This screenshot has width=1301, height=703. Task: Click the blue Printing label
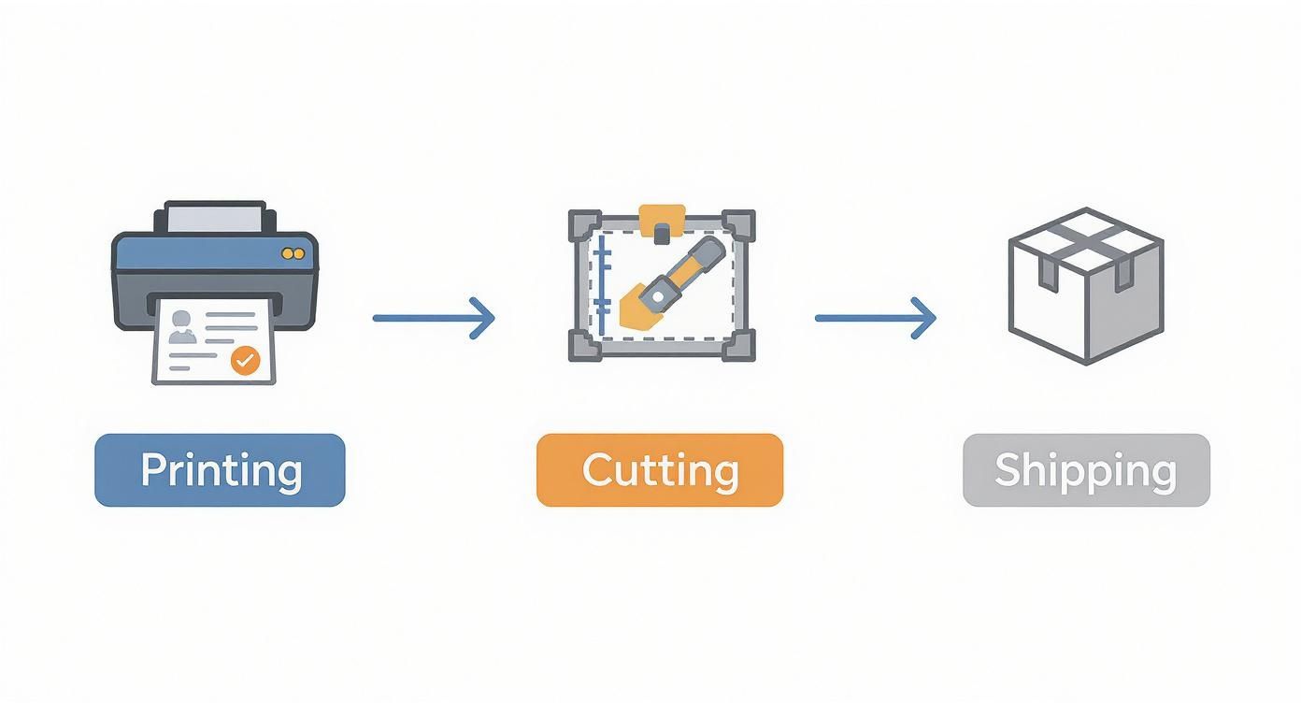tap(220, 470)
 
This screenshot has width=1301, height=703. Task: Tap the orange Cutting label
tap(659, 470)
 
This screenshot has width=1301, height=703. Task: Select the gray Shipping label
tap(1086, 470)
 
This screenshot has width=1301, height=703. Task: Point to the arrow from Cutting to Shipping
tap(875, 318)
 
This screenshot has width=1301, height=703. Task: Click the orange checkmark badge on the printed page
tap(245, 360)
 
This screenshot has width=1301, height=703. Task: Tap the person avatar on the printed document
tap(183, 326)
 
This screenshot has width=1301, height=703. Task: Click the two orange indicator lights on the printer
tap(292, 253)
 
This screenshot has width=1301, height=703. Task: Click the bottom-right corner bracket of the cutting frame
tap(737, 345)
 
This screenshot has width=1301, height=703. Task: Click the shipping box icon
tap(1086, 285)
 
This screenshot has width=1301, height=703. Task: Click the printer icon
tap(215, 280)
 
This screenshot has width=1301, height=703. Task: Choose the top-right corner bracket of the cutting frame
tap(737, 225)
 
